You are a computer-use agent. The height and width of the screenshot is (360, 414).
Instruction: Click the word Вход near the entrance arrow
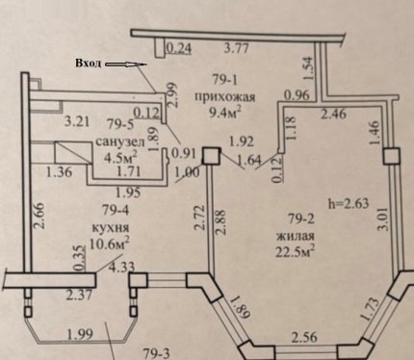click(x=88, y=64)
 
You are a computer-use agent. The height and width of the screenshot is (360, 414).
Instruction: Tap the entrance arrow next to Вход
click(x=126, y=64)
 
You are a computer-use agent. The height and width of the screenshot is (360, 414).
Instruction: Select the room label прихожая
click(x=225, y=96)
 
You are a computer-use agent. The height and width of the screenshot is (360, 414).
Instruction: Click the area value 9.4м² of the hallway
click(x=225, y=113)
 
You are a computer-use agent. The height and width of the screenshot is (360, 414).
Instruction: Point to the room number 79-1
click(x=225, y=79)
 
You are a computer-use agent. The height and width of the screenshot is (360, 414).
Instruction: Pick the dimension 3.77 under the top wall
click(x=236, y=49)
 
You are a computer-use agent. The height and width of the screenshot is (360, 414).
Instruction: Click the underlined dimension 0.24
click(x=179, y=48)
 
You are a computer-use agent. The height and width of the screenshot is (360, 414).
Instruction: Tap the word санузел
click(x=120, y=141)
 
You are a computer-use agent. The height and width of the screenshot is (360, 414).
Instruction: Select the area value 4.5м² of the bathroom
click(x=121, y=157)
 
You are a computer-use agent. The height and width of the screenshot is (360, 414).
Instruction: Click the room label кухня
click(x=111, y=227)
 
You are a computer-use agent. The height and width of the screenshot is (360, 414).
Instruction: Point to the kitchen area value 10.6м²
click(x=110, y=244)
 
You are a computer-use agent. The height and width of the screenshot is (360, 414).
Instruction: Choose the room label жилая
click(x=296, y=236)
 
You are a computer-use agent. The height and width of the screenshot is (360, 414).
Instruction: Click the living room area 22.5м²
click(x=295, y=252)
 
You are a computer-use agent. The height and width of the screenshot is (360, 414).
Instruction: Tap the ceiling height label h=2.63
click(x=349, y=203)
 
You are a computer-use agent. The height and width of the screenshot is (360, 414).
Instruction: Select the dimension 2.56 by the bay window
click(x=304, y=337)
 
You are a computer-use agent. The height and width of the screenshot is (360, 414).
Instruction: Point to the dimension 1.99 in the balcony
click(x=80, y=334)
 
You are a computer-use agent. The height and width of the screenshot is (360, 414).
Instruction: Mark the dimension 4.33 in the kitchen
click(x=121, y=267)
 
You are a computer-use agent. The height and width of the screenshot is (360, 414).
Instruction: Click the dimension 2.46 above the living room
click(x=334, y=114)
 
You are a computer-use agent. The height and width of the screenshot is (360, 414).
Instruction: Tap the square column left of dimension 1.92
click(x=212, y=156)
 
